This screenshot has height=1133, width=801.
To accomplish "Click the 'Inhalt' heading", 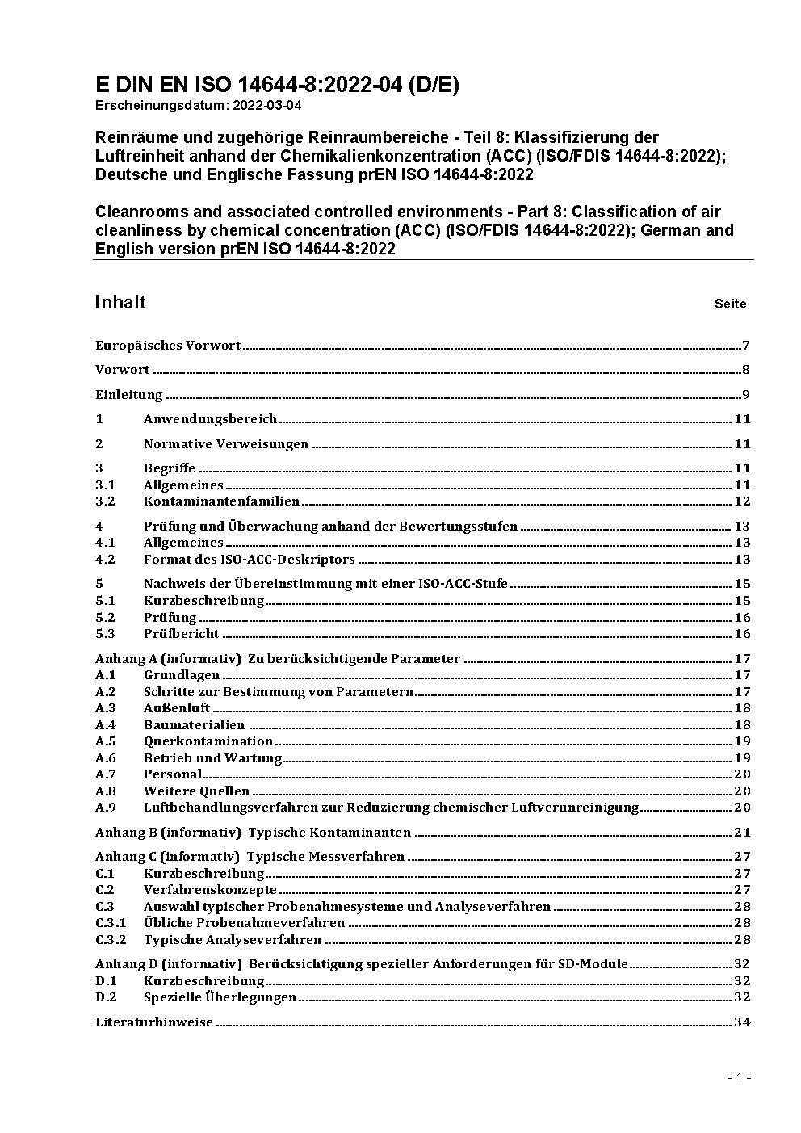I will tap(120, 302).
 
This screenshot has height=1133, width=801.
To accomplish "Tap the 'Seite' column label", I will tap(730, 304).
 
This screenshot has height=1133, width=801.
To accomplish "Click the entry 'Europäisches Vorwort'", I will tap(168, 346).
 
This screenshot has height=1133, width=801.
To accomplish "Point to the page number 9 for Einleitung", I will tap(746, 395).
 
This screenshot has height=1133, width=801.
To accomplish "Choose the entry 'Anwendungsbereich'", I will tap(210, 418).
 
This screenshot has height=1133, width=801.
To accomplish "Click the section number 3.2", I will tap(105, 501).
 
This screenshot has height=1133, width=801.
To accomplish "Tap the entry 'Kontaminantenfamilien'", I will tap(221, 501).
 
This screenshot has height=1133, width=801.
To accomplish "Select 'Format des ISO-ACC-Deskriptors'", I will tap(249, 559).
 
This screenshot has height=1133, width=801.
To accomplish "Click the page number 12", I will tap(742, 501).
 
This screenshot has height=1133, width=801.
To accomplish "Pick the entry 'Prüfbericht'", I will tap(181, 633).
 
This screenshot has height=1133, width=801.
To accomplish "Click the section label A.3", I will tap(106, 707).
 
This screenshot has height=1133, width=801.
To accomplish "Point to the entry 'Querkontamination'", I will tap(208, 741).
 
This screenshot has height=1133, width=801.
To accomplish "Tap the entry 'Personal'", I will tap(172, 774).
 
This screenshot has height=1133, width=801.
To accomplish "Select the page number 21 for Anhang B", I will tap(742, 832).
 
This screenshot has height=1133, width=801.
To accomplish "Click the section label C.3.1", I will tap(111, 922).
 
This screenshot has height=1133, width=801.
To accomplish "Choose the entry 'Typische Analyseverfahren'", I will tap(233, 939).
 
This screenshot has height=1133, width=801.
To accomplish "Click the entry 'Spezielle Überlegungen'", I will tap(220, 997).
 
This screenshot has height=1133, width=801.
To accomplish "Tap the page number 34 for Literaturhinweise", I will tap(742, 1022).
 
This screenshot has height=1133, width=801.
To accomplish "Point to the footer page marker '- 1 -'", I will tap(739, 1077).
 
